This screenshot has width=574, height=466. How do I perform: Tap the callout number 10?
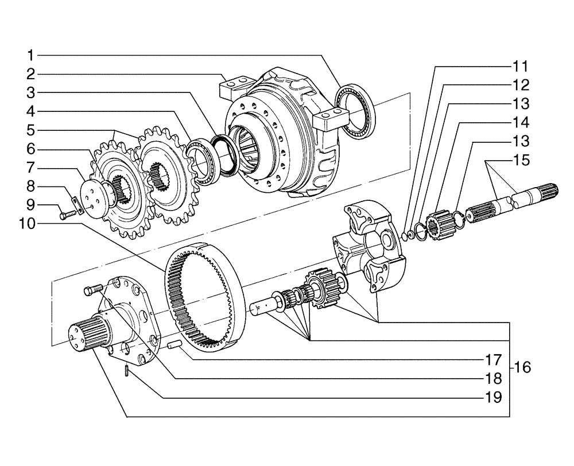[26, 224]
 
